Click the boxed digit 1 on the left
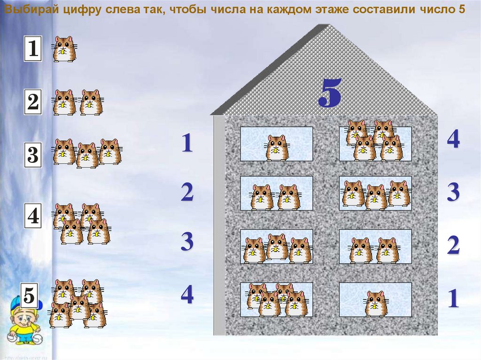coord(33,48)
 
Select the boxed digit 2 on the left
coord(33,101)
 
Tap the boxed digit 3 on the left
coord(33,155)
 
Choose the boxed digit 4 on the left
coord(33,216)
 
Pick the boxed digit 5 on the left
coord(30,295)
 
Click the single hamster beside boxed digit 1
coord(64,49)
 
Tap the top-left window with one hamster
coord(276,144)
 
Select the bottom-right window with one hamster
coord(375,299)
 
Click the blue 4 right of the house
coord(453,139)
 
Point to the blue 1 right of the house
coord(453,299)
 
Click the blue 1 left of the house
coord(187,143)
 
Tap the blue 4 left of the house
coord(187,295)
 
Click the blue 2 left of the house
coord(187,192)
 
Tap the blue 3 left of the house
coord(187,241)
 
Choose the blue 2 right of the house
coord(453,245)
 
